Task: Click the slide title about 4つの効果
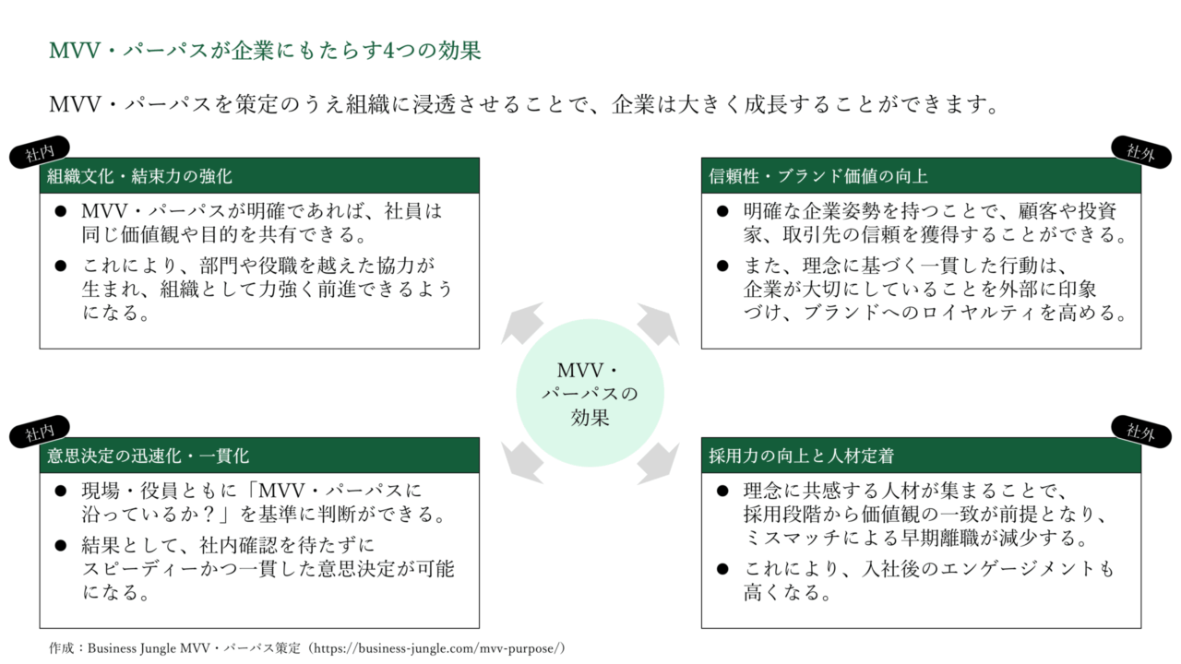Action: click(265, 51)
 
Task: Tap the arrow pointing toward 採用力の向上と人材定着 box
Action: click(657, 460)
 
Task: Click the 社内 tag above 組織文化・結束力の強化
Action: click(40, 153)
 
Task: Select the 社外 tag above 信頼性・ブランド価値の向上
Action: click(1140, 151)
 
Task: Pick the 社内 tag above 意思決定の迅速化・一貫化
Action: click(40, 432)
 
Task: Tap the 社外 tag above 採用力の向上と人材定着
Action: click(1140, 431)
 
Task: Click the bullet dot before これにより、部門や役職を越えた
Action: click(61, 266)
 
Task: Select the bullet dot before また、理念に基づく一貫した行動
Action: click(723, 266)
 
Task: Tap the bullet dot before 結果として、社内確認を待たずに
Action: click(61, 546)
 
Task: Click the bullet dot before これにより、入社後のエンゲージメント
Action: click(723, 569)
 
